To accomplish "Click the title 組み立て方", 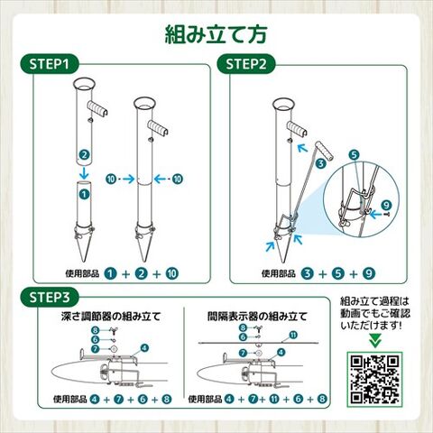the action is [x=216, y=34].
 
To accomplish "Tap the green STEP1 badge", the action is [x=50, y=64].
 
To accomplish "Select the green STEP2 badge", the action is [x=246, y=64].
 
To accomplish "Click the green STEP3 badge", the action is [x=50, y=297].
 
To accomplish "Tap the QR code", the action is [x=375, y=380].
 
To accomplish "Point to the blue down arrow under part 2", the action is [x=84, y=172].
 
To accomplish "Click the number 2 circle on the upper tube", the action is [x=84, y=155].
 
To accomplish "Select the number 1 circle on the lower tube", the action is [x=84, y=194].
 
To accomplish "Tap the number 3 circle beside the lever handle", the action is [x=321, y=163].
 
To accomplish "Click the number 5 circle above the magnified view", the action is [x=355, y=155].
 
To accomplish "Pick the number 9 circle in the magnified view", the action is [x=386, y=206].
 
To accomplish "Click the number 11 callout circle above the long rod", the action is [x=293, y=335].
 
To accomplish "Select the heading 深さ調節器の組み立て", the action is [x=111, y=317].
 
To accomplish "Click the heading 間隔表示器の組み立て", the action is [x=257, y=317].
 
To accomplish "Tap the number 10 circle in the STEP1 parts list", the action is [x=172, y=273].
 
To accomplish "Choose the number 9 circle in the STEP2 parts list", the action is [x=369, y=273].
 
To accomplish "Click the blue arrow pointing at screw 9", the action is [x=375, y=215].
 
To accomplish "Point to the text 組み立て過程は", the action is [x=375, y=301].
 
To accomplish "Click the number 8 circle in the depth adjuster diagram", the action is [x=96, y=330].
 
